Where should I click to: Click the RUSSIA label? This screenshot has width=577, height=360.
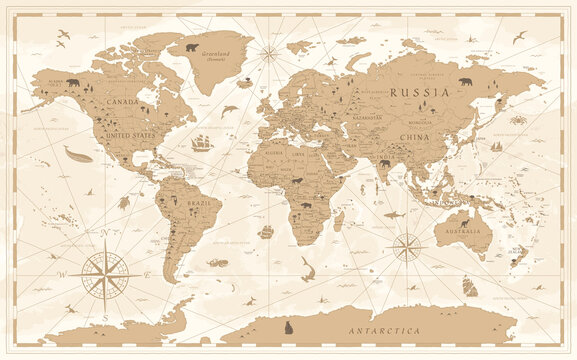click(x=413, y=91)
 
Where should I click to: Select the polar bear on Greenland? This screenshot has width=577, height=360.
click(x=191, y=46)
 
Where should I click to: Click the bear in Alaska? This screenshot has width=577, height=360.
click(x=73, y=83)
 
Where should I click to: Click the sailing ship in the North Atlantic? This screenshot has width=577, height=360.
click(x=203, y=142)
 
